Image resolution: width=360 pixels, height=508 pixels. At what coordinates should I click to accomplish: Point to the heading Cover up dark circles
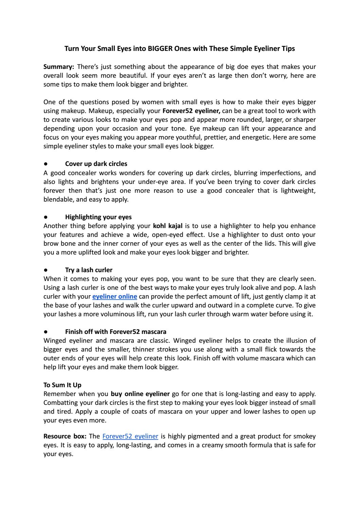click(96, 164)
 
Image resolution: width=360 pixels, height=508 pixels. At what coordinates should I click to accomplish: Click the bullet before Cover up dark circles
click(46, 164)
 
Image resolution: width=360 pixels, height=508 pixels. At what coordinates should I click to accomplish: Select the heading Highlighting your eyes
click(98, 217)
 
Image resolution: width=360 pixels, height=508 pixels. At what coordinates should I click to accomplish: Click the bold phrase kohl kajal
click(168, 226)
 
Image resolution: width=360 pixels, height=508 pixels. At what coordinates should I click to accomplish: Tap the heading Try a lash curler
click(89, 270)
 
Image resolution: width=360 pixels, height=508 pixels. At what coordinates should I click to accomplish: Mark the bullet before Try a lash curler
click(46, 270)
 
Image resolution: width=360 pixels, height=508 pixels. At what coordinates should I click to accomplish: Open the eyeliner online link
click(115, 297)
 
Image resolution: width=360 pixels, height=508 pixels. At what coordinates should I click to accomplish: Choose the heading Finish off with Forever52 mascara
click(116, 332)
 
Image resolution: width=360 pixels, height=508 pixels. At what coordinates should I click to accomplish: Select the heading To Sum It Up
click(62, 385)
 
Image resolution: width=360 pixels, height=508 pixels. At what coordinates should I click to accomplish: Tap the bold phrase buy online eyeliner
click(140, 394)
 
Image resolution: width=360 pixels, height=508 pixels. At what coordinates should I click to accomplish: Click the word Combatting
click(60, 403)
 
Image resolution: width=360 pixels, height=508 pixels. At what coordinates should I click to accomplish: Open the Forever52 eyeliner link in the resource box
click(130, 436)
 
